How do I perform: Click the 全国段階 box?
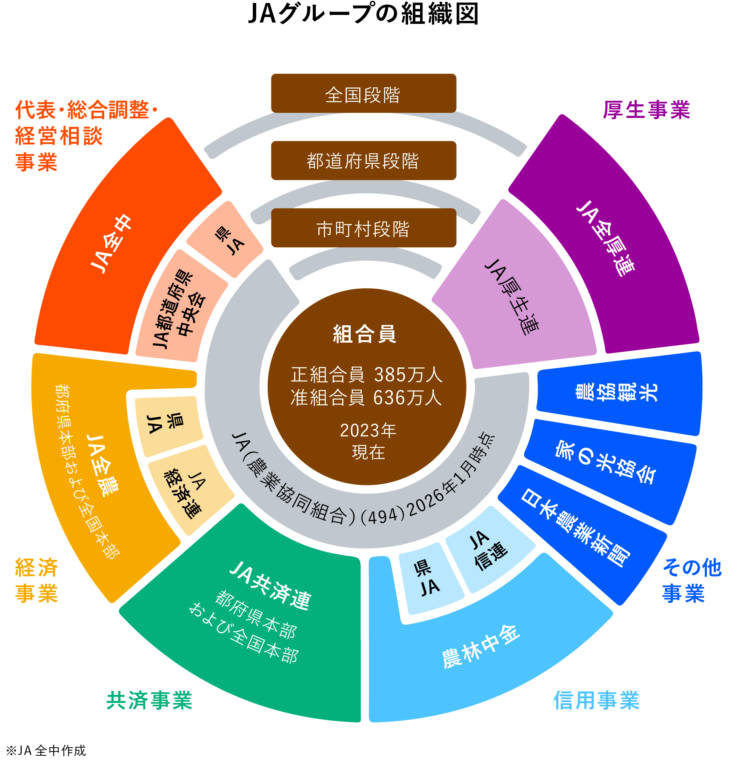[x=363, y=94]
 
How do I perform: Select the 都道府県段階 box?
[x=363, y=161]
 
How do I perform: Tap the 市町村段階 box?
[x=363, y=228]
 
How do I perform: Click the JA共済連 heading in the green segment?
[x=271, y=586]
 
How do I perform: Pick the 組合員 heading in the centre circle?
[x=365, y=334]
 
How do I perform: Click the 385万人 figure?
[x=408, y=375]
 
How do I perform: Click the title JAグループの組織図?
[x=363, y=14]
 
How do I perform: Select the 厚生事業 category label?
[x=646, y=110]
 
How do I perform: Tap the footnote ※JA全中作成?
[x=46, y=750]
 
